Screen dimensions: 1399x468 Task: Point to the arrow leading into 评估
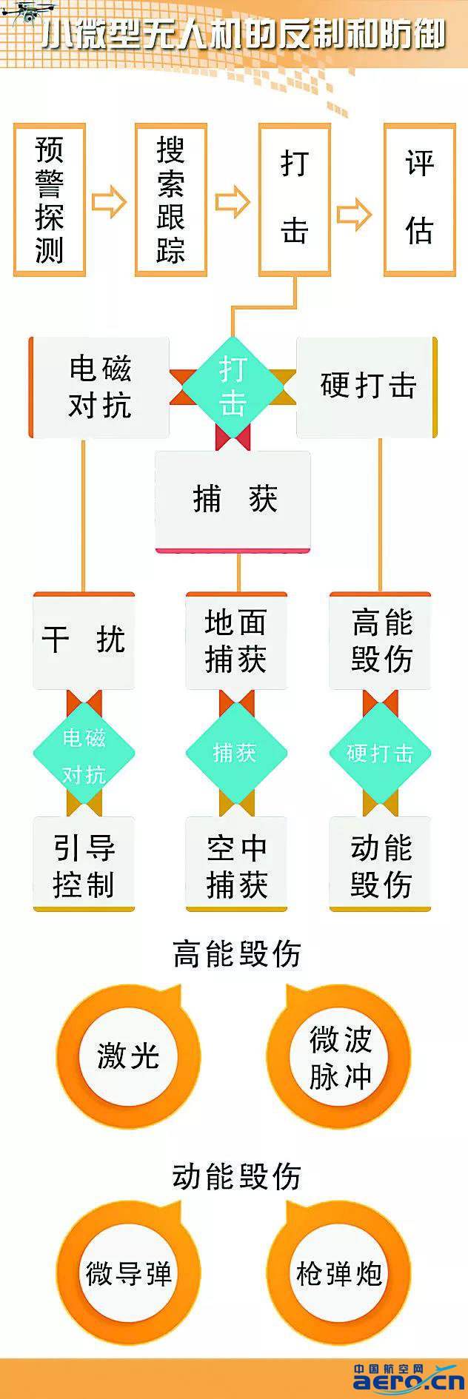pyautogui.click(x=354, y=214)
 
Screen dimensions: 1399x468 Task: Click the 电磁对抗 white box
pyautogui.click(x=100, y=387)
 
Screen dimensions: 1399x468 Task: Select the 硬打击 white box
pyautogui.click(x=367, y=386)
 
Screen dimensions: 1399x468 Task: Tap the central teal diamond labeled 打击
pyautogui.click(x=233, y=386)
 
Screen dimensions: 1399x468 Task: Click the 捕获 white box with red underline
pyautogui.click(x=233, y=500)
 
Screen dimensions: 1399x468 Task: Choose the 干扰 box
pyautogui.click(x=84, y=641)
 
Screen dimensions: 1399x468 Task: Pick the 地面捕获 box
pyautogui.click(x=236, y=641)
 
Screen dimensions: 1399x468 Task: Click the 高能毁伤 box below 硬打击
pyautogui.click(x=381, y=641)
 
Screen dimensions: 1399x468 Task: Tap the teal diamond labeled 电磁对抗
pyautogui.click(x=84, y=754)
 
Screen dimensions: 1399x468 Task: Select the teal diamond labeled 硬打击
pyautogui.click(x=381, y=754)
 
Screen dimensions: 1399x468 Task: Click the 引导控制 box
pyautogui.click(x=84, y=865)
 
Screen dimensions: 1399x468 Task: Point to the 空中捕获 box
pyautogui.click(x=236, y=865)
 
